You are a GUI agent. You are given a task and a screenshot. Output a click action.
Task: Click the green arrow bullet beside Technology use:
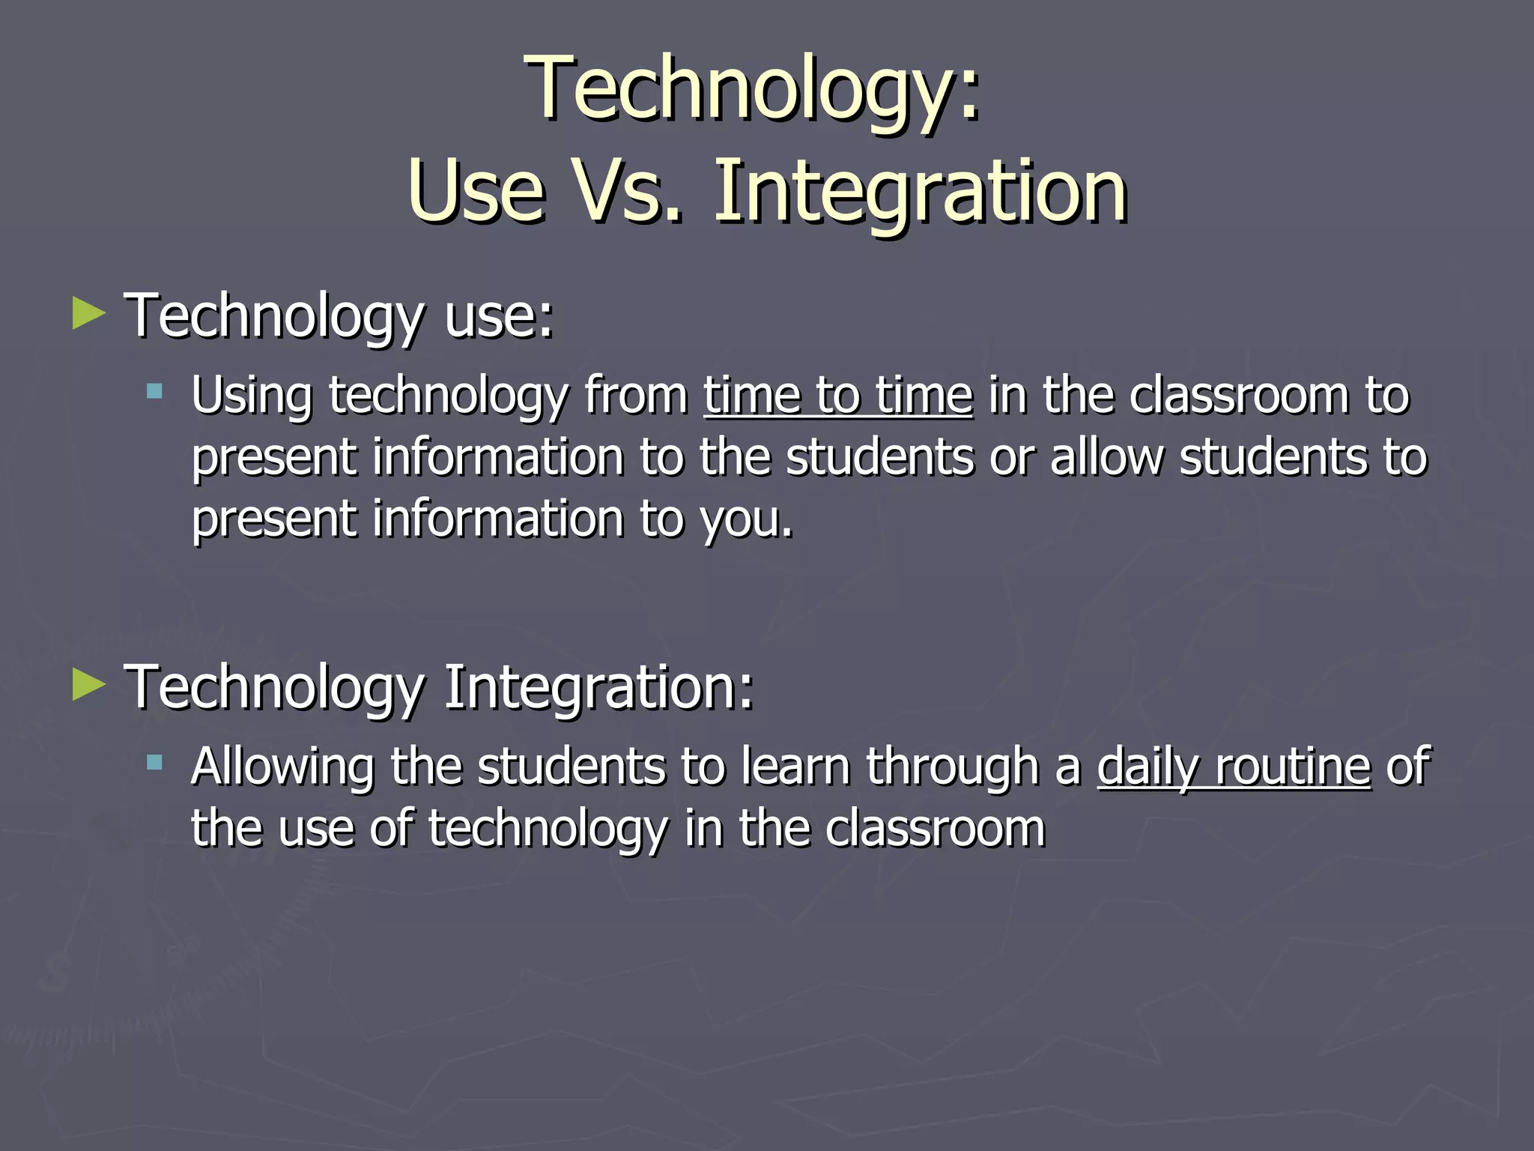89,314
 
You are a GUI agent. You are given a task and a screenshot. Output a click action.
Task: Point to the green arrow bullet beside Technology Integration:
89,686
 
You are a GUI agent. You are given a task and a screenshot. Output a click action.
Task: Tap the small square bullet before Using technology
154,390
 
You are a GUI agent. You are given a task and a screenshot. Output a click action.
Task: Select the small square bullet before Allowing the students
154,763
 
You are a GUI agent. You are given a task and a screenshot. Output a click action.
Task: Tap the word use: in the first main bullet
499,317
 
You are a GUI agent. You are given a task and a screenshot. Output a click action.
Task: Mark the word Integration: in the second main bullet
598,688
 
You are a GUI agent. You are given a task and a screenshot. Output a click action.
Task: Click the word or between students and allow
1011,459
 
